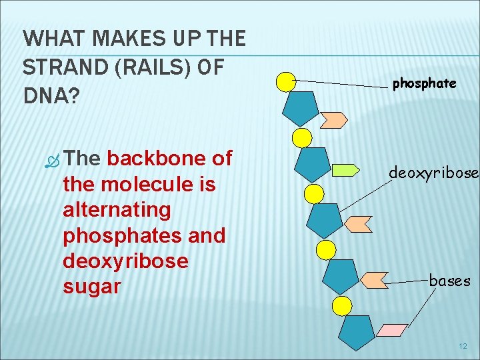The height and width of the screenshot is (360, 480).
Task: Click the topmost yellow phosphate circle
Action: (x=286, y=82)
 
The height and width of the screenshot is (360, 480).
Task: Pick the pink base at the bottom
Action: (x=393, y=329)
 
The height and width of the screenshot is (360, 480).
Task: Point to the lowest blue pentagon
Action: (x=356, y=330)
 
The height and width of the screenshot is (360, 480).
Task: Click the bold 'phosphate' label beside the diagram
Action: (x=424, y=83)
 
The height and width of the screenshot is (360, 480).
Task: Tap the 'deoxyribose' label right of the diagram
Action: (x=433, y=173)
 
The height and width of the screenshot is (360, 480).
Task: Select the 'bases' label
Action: (x=449, y=281)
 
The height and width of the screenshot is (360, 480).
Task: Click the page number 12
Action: (x=463, y=346)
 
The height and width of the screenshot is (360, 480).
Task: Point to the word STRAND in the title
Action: (x=58, y=68)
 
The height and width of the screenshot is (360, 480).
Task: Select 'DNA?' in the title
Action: (x=51, y=97)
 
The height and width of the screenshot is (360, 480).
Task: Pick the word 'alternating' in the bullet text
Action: (x=117, y=209)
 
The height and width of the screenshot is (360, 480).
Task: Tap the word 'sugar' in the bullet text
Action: (x=91, y=287)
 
